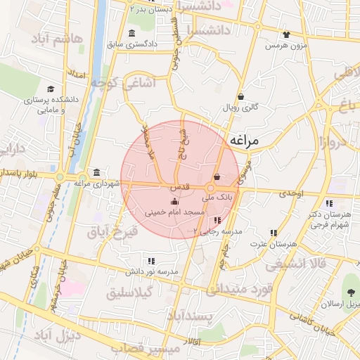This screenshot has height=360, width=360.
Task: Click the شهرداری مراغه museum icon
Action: click(96, 173)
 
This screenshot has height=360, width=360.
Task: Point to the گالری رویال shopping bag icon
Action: click(241, 97)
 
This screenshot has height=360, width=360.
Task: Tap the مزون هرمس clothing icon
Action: click(286, 34)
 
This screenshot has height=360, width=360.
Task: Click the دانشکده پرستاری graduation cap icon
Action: click(51, 89)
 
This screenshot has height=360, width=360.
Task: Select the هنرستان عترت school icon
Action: click(274, 233)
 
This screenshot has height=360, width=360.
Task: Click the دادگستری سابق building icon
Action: click(131, 34)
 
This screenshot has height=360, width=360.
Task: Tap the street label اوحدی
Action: click(290, 193)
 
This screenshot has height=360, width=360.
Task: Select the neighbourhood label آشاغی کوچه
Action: click(111, 84)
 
